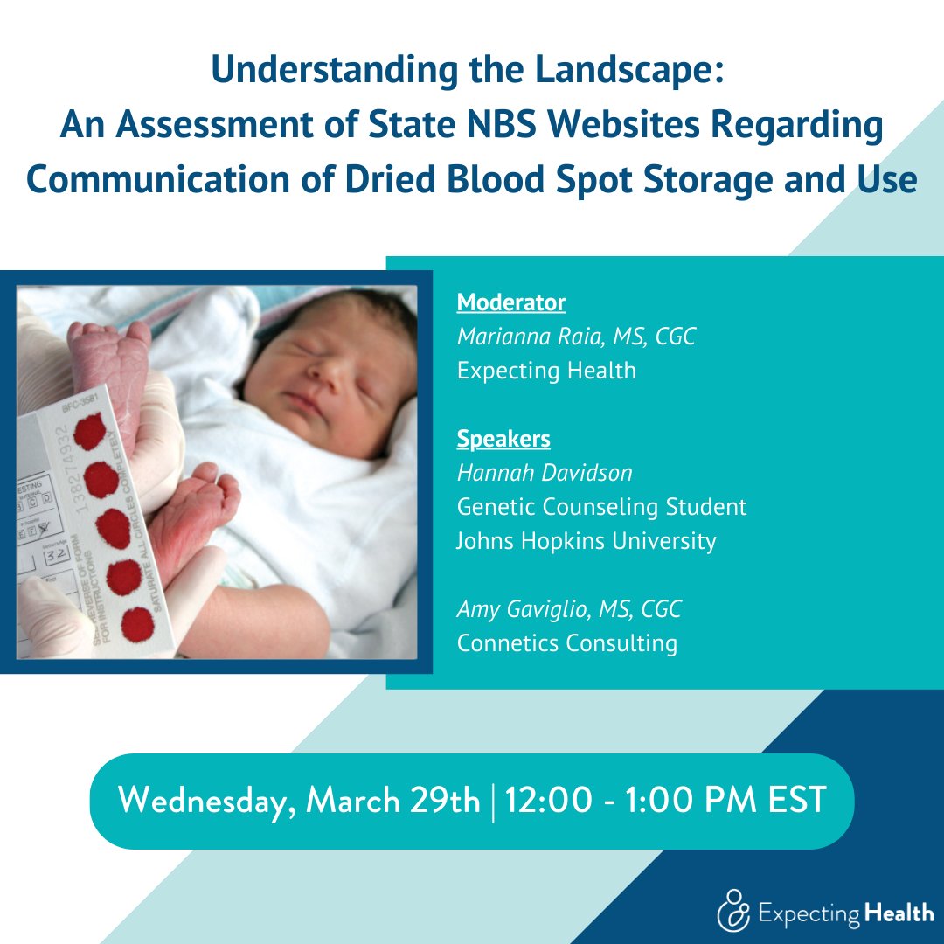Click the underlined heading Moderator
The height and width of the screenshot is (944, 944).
[x=510, y=302]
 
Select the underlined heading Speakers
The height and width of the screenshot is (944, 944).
[x=503, y=438]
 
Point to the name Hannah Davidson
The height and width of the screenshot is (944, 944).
[x=545, y=473]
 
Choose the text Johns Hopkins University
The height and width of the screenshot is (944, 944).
[x=586, y=541]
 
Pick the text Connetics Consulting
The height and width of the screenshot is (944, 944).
[x=566, y=643]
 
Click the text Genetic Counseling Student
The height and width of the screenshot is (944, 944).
[x=601, y=507]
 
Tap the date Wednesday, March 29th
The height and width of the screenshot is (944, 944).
[x=299, y=801]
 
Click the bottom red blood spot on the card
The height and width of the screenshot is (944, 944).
[x=136, y=624]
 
